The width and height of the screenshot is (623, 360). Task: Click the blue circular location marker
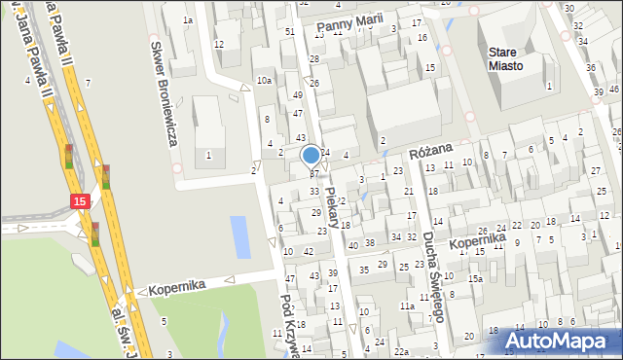coord(311,155)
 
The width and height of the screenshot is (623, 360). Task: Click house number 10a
coord(264,81)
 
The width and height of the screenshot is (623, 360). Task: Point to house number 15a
coord(474,279)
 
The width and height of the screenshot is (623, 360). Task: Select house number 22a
coord(401,351)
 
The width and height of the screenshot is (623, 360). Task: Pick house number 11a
coord(406,306)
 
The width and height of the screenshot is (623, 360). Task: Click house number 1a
coord(188,20)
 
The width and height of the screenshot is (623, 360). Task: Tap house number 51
coord(289,32)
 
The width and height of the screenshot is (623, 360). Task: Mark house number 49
coord(297,95)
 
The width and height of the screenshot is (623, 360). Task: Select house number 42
coord(309,252)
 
